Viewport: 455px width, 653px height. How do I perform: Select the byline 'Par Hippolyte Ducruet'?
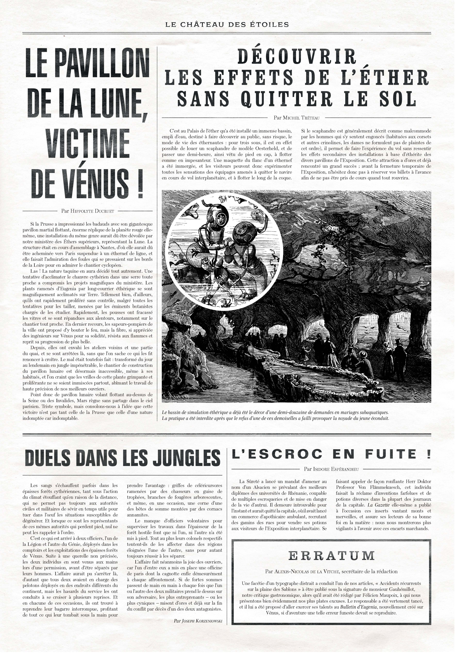pos(87,211)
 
